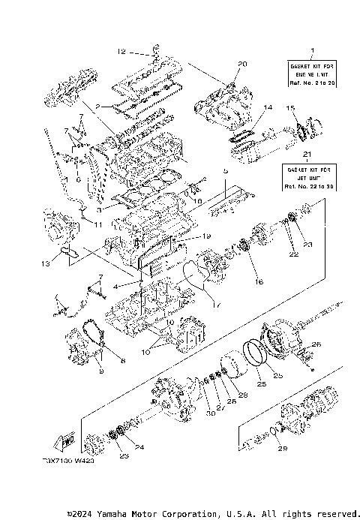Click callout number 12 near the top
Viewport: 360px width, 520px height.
tap(121, 52)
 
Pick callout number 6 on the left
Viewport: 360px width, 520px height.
tap(76, 180)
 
